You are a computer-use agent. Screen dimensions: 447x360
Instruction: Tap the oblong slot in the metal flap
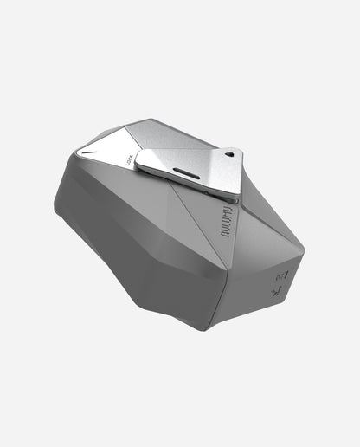click(x=186, y=168)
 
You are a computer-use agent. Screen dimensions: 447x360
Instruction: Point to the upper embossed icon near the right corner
click(x=279, y=275)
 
